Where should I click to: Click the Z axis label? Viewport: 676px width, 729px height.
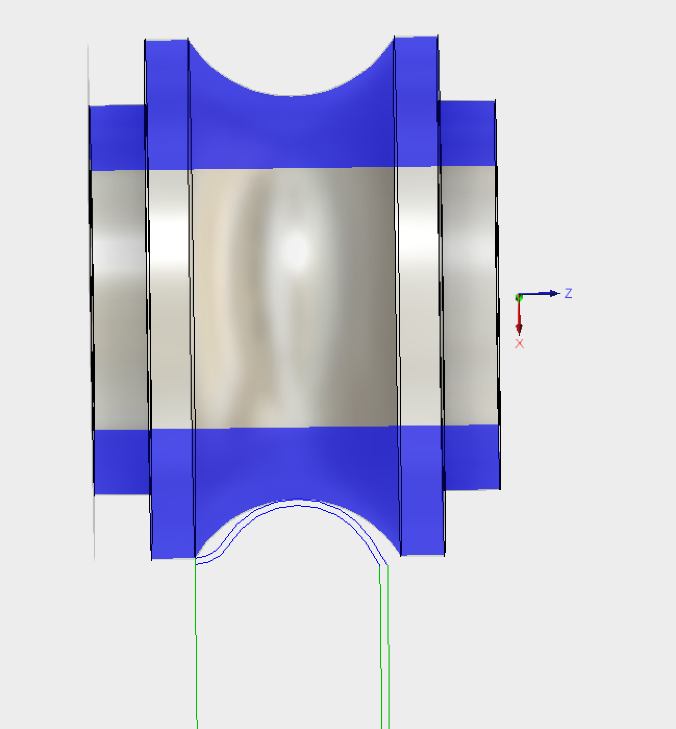click(568, 293)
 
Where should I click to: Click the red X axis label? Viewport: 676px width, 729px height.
click(519, 344)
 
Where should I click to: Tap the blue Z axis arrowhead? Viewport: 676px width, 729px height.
click(554, 294)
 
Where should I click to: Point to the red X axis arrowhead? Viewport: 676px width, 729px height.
click(519, 327)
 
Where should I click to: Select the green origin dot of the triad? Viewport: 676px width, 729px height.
click(519, 297)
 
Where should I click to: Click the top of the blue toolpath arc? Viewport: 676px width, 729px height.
click(297, 502)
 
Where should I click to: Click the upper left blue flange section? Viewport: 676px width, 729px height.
click(167, 104)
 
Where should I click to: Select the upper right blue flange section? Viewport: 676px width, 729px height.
click(416, 102)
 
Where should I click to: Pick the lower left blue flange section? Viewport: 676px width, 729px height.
click(172, 493)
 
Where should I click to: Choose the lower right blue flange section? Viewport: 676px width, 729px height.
click(422, 490)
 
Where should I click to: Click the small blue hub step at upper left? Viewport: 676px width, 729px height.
click(118, 138)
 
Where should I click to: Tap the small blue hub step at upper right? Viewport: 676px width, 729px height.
click(467, 133)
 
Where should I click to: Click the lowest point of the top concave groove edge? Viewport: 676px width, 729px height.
click(291, 95)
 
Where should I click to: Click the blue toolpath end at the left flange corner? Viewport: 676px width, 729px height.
click(196, 561)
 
